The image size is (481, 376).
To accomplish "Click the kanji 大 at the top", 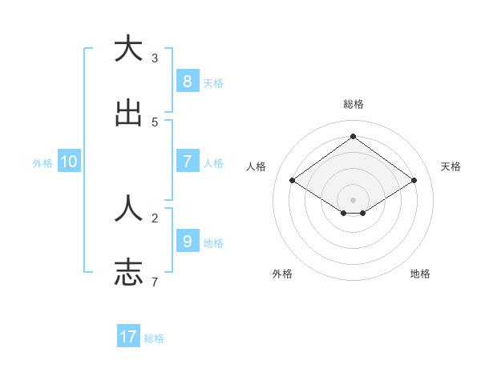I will [x=128, y=49].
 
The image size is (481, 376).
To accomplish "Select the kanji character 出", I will [x=128, y=113].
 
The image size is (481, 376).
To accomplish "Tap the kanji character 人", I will [x=128, y=209].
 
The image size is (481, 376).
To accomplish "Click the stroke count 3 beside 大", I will [x=155, y=58].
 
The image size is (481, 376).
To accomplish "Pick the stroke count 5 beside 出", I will [x=155, y=122].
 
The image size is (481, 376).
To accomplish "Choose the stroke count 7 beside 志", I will [x=155, y=282].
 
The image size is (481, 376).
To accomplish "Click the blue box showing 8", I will [x=187, y=81].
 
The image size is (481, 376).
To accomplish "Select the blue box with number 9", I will [x=187, y=241].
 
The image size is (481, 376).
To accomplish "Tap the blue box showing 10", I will [x=69, y=162].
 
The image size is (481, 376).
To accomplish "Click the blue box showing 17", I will [x=128, y=337].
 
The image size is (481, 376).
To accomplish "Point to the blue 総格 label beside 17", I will [x=154, y=338].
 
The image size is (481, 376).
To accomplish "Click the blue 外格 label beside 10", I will [x=42, y=163].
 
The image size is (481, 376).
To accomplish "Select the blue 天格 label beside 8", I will [x=213, y=82].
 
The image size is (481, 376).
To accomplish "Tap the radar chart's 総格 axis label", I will [x=354, y=104].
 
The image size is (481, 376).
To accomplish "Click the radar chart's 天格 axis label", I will [x=451, y=166].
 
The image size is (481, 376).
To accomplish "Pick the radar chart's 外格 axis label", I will [x=281, y=274].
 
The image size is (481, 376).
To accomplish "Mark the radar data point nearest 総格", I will [x=353, y=136].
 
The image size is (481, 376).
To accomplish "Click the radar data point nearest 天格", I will [x=414, y=181].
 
